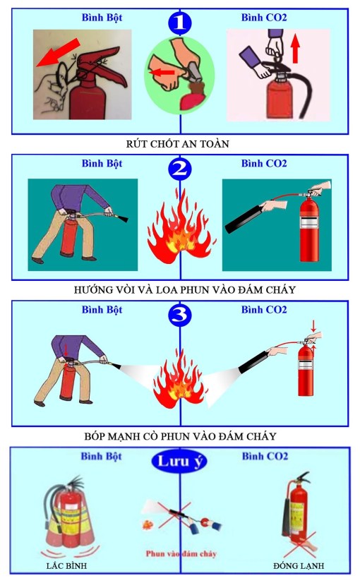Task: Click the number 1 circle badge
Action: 179,22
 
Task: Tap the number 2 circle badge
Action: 179,169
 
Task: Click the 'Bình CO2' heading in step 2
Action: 264,164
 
